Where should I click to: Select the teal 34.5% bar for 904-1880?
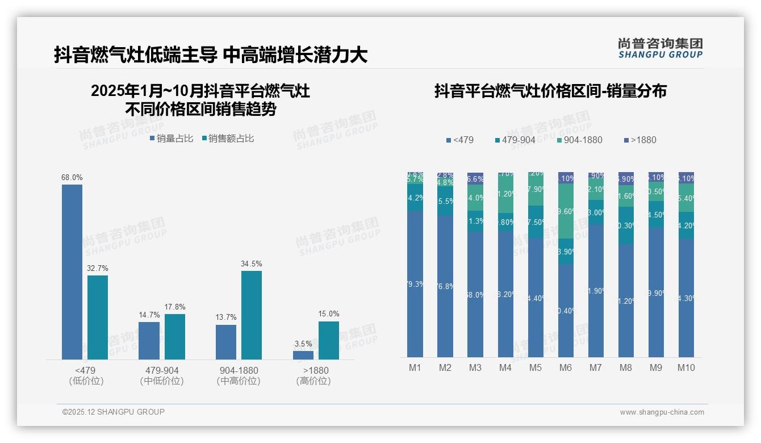coord(252,315)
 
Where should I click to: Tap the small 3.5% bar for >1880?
coord(303,355)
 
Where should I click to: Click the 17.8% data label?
coord(175,307)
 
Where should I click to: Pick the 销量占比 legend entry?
coord(171,139)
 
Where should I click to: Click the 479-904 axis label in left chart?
coord(162,370)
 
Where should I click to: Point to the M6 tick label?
coord(565,367)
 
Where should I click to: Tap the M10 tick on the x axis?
coord(686,367)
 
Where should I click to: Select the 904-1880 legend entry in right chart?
coord(579,140)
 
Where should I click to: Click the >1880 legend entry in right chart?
coord(640,140)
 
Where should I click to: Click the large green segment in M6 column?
coord(566,211)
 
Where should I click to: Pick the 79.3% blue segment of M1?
coord(415,284)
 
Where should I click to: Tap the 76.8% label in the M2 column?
coord(445,286)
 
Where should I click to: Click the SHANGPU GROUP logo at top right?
coord(660,48)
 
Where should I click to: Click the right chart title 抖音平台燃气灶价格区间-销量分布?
coord(550,91)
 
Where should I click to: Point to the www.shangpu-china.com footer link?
coord(662,412)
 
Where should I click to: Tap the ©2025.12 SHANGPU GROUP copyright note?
coord(114,412)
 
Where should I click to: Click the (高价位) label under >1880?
coord(313,381)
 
